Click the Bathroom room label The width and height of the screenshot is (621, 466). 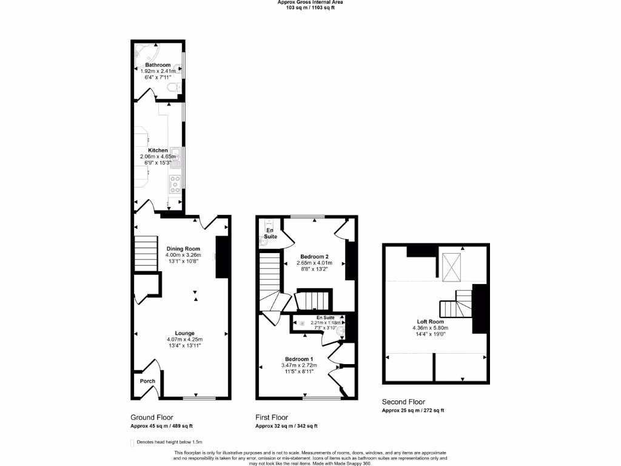tap(157, 65)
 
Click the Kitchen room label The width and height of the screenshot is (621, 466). tap(158, 150)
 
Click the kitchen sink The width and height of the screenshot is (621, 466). tap(176, 158)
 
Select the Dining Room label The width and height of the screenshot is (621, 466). tap(183, 249)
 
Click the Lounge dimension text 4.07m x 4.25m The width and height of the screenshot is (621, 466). tap(184, 339)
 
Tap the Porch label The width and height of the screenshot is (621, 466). tap(147, 381)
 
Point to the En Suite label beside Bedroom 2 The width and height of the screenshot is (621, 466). tap(270, 233)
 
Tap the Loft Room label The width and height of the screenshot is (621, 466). tap(430, 322)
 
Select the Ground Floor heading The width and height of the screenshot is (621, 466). tap(152, 417)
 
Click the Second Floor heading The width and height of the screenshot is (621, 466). tap(403, 402)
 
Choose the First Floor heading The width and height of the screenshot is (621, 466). tap(271, 417)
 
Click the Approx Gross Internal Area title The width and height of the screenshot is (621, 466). tap(310, 2)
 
